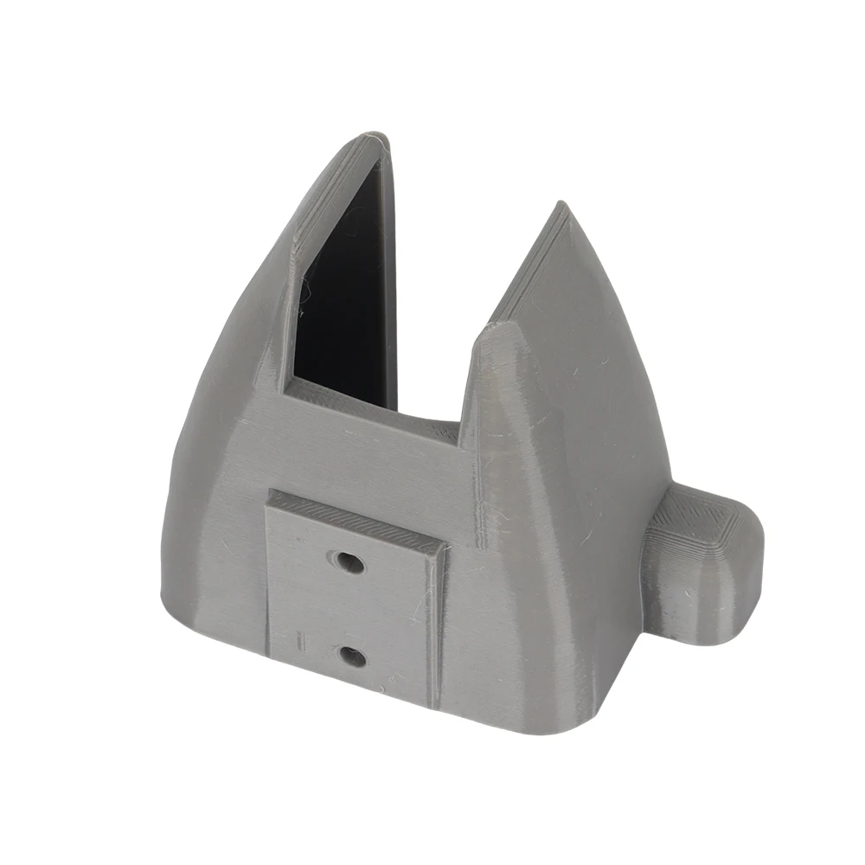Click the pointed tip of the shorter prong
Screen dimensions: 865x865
561,206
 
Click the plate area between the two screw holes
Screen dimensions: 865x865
351,610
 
